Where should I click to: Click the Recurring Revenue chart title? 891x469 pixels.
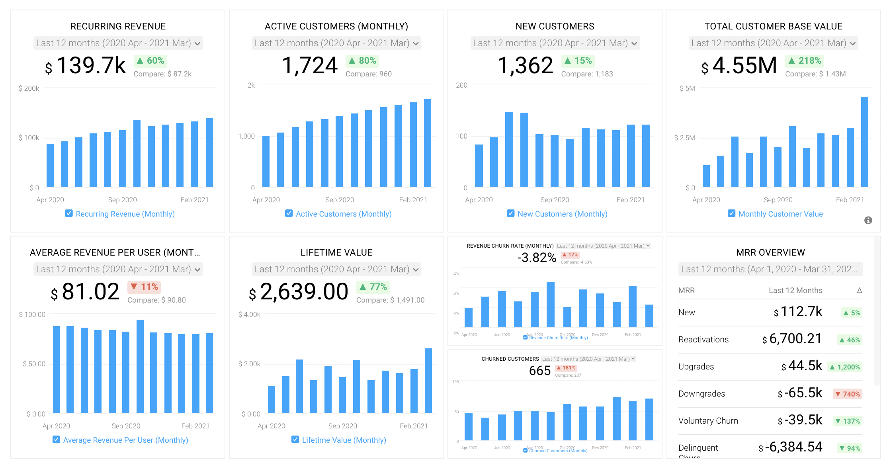pos(118,26)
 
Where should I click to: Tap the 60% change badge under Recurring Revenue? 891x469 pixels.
pos(150,61)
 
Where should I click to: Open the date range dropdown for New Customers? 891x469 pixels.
pos(555,43)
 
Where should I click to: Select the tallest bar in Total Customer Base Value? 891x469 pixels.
pos(864,142)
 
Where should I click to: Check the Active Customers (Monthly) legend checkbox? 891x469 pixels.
pos(289,213)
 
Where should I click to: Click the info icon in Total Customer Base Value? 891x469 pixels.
pos(868,220)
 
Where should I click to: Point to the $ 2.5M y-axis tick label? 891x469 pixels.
pos(684,138)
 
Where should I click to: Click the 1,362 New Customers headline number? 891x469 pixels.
pos(525,65)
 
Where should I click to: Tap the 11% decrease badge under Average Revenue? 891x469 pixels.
pos(144,287)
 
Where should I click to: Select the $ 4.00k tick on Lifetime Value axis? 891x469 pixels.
pos(249,315)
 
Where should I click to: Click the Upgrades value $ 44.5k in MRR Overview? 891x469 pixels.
pos(801,366)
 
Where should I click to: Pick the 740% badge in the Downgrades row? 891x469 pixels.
pos(847,394)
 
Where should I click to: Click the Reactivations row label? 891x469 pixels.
pos(703,340)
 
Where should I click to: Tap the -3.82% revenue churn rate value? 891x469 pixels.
pos(536,258)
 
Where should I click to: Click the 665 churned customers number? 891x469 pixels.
pos(539,371)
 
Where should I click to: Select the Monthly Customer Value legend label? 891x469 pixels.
pos(780,214)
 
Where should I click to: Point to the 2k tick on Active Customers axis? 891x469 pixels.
pos(251,85)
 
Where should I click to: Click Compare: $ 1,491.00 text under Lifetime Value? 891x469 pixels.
pos(390,300)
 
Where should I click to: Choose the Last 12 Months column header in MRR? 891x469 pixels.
pos(795,290)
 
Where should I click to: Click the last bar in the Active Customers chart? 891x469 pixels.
pos(427,143)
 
